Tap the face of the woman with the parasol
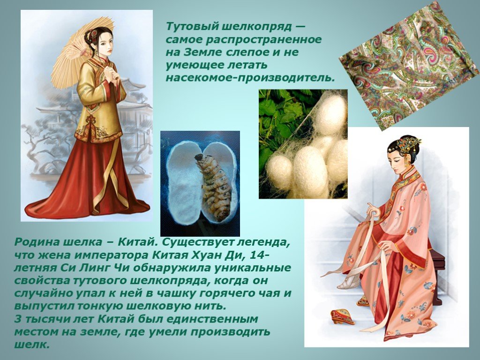104,45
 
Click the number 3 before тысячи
18,319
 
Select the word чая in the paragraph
275,294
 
